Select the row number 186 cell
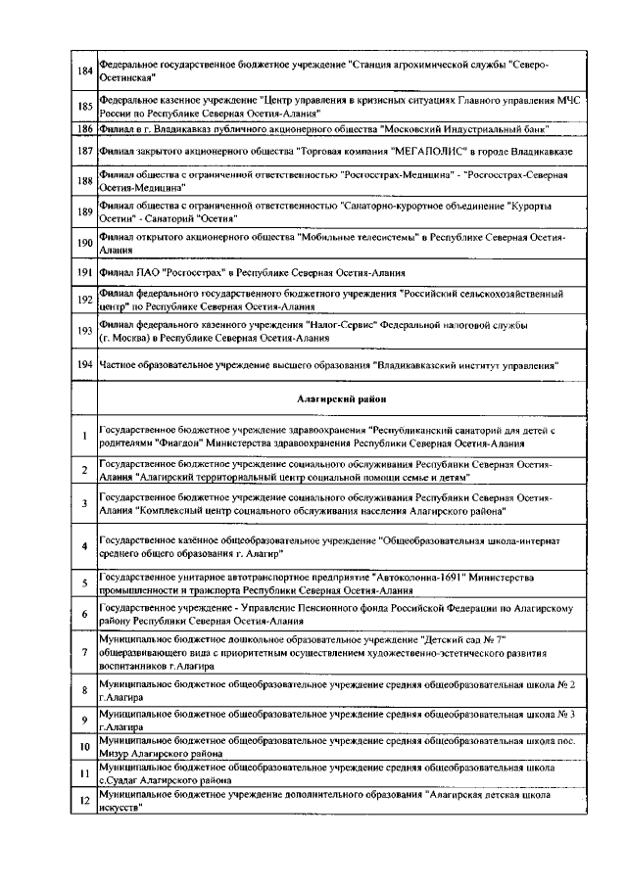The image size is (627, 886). tap(84, 128)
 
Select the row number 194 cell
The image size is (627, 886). tap(84, 364)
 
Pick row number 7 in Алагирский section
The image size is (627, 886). tap(84, 651)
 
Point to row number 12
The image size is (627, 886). tap(84, 803)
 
